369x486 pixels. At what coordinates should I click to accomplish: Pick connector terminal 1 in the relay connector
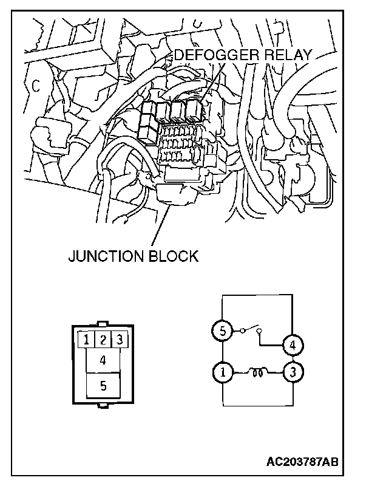click(88, 340)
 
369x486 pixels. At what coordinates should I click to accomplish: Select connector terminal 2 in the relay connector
click(104, 340)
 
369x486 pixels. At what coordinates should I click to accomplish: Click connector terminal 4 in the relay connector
click(103, 360)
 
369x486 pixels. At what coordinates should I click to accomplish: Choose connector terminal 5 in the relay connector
click(103, 385)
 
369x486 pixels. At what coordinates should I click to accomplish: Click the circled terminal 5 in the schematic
click(222, 332)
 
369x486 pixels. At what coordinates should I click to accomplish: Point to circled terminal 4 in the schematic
click(293, 345)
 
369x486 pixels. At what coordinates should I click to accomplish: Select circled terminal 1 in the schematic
click(222, 371)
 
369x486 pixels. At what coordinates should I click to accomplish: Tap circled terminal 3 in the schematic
click(293, 371)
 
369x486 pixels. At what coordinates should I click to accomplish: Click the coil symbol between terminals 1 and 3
click(257, 372)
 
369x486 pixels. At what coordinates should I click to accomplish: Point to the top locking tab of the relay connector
click(103, 324)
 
